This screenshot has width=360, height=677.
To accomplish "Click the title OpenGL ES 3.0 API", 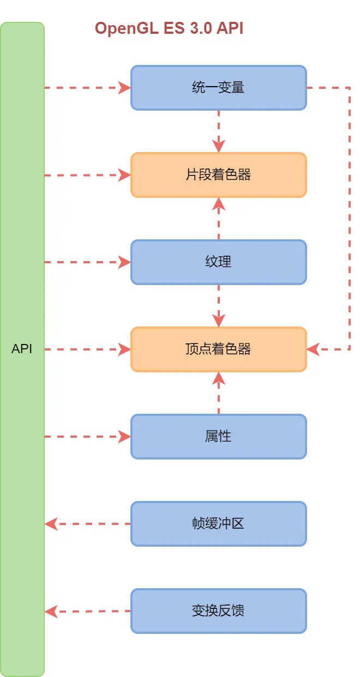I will [169, 28].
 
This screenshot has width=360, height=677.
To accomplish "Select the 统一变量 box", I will [218, 88].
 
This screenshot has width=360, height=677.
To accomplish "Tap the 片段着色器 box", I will [218, 175].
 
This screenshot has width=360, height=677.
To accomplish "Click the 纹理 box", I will [218, 262].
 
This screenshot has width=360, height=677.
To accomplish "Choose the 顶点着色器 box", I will [218, 349].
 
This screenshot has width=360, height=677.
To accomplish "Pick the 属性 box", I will [218, 437].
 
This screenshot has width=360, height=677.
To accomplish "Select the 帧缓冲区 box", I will [218, 524].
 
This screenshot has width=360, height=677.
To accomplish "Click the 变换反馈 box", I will [218, 611].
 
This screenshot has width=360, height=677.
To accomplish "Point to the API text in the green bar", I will [22, 349].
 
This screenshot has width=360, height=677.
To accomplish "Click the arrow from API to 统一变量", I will [87, 88].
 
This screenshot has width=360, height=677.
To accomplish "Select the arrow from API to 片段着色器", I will [87, 175].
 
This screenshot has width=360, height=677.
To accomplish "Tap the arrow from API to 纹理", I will [87, 262].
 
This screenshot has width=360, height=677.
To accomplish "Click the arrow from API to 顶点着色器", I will [87, 349].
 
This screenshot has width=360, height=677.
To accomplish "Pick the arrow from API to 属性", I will [87, 437].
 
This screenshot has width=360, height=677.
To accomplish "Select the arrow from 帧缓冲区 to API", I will [87, 524].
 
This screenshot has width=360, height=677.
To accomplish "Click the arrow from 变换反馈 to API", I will [87, 611].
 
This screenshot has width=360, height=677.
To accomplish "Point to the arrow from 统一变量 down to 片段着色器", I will [219, 131].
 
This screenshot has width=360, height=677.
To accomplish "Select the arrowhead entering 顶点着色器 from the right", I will [314, 349].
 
